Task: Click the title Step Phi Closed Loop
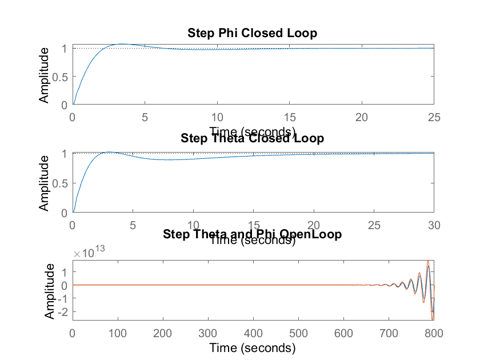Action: (x=252, y=33)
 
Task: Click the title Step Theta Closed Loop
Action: (x=252, y=138)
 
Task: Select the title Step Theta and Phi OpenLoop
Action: (x=253, y=234)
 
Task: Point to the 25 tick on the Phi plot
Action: (x=434, y=117)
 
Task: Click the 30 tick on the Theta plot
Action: (x=434, y=225)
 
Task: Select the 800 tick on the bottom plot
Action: (x=434, y=333)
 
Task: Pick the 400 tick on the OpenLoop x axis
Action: (x=253, y=333)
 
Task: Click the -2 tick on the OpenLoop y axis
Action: (x=64, y=311)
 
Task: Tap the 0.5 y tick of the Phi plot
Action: (x=60, y=77)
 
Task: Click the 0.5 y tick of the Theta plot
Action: (x=60, y=183)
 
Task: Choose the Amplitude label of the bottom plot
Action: (x=50, y=291)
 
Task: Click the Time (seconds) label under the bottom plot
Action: (x=252, y=347)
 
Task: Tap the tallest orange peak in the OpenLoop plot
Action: (x=428, y=261)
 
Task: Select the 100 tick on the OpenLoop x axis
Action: (x=117, y=333)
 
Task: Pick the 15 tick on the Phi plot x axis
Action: (x=289, y=117)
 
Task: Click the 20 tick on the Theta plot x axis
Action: (x=313, y=225)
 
